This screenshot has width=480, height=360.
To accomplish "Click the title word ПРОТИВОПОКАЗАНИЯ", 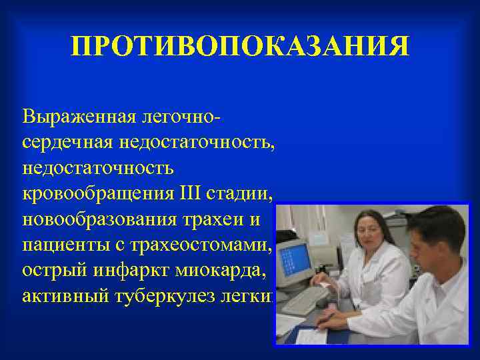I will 240,47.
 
